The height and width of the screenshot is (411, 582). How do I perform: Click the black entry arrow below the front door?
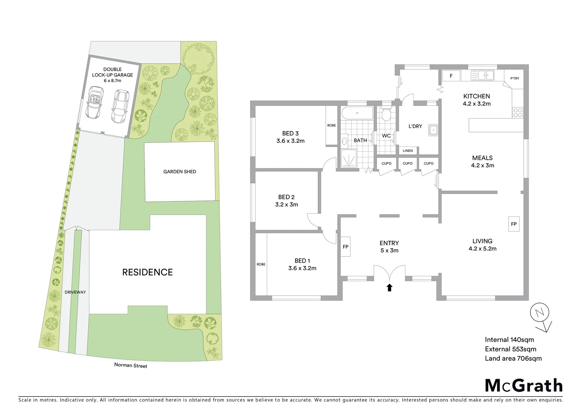(x=389, y=287)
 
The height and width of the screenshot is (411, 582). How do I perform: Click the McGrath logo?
(x=523, y=386)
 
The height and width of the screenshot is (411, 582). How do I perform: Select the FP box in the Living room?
(x=513, y=224)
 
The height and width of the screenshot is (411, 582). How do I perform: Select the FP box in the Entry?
(x=345, y=247)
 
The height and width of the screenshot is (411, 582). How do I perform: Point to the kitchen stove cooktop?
(x=518, y=112)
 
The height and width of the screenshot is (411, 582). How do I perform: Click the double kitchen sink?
(x=482, y=75)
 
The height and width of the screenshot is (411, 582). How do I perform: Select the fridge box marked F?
(x=451, y=76)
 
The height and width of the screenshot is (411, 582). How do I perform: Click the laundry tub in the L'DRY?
(x=433, y=130)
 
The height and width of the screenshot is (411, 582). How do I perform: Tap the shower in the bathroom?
(x=349, y=159)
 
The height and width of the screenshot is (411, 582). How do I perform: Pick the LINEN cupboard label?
(x=408, y=151)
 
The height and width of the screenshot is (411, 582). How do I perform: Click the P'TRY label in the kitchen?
(x=515, y=78)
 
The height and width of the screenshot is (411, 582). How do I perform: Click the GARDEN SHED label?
(x=180, y=172)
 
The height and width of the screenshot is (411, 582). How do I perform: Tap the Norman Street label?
(x=131, y=365)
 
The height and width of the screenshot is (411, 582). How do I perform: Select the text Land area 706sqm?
(x=513, y=358)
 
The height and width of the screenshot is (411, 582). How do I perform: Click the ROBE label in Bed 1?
(x=261, y=264)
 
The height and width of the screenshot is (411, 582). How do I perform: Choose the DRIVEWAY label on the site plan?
(x=75, y=292)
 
